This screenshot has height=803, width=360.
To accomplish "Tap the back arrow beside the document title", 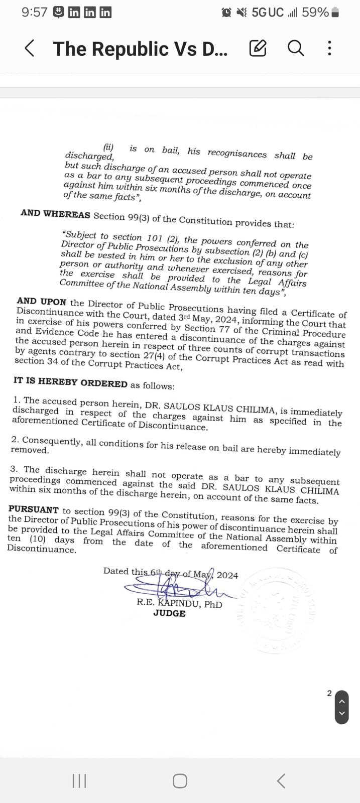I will tap(30, 49).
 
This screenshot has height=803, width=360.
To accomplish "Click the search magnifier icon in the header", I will tap(296, 48).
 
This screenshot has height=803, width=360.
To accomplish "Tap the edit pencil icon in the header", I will tap(258, 48).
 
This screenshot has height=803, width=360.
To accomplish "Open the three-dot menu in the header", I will tap(329, 48).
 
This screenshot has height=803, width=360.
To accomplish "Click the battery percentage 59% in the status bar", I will tap(315, 13).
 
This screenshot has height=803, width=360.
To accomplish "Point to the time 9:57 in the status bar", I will tap(34, 13).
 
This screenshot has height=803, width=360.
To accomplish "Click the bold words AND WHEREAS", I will tap(55, 214).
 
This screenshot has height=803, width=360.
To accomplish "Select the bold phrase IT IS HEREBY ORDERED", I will tap(70, 383).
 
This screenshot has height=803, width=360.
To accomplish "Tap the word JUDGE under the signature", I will tap(169, 613).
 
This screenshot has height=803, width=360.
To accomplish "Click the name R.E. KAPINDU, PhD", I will tap(179, 603).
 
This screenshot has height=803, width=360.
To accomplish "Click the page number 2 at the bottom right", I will tap(329, 693).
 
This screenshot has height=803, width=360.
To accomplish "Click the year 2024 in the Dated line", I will tap(227, 575).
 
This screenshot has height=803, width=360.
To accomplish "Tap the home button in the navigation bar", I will tap(180, 781).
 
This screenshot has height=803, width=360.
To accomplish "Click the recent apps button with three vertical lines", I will tap(79, 781).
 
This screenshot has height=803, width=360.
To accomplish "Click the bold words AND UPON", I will tap(41, 302).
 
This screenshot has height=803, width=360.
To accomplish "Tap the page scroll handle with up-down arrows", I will tap(341, 707).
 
